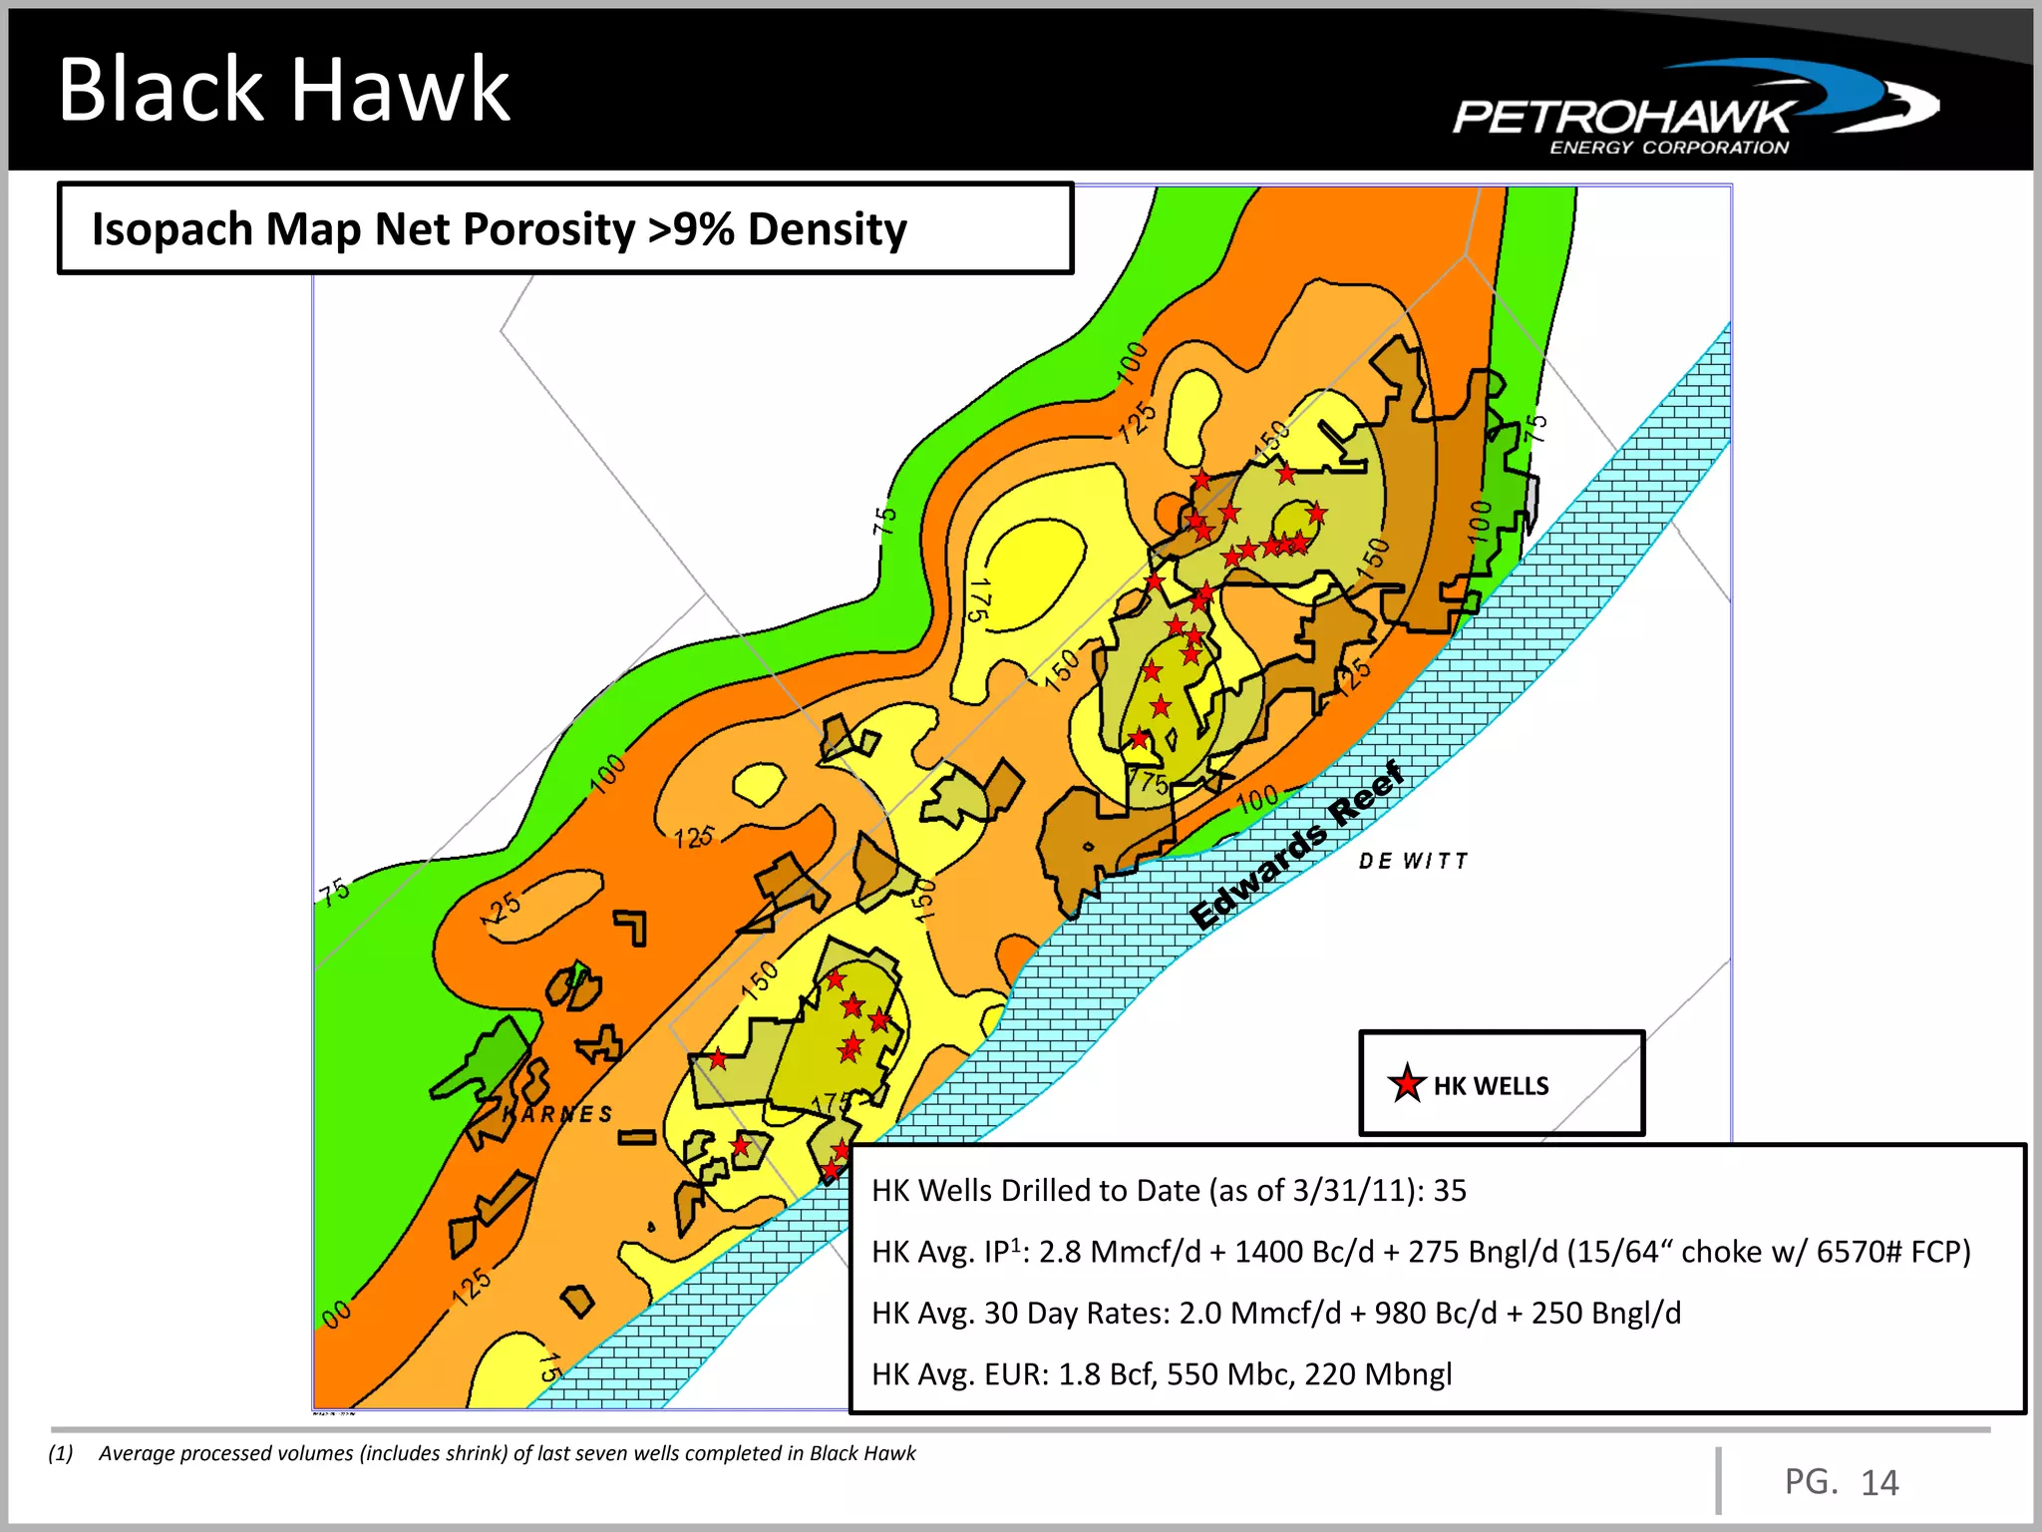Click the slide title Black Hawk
[x=284, y=90]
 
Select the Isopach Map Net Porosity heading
[x=499, y=229]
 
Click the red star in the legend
[x=1406, y=1084]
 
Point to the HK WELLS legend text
[x=1491, y=1086]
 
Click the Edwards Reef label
[x=1296, y=845]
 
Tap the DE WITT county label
[x=1413, y=861]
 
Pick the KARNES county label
[x=558, y=1114]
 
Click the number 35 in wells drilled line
[x=1450, y=1191]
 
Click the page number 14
[x=1879, y=1483]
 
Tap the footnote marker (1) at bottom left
[x=61, y=1453]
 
